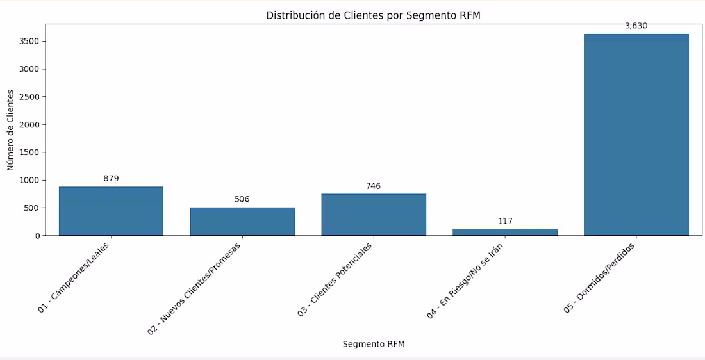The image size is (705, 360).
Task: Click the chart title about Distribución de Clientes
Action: click(373, 15)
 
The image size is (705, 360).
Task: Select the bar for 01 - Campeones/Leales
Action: click(111, 211)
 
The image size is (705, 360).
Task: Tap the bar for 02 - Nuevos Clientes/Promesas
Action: click(242, 221)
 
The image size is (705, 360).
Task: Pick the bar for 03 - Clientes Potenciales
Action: click(374, 215)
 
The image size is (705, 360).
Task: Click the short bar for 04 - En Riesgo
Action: click(505, 232)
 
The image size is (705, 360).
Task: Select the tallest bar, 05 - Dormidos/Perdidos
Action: click(636, 135)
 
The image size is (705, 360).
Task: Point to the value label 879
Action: click(111, 179)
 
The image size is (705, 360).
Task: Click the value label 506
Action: click(242, 199)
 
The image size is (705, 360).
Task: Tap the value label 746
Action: click(374, 186)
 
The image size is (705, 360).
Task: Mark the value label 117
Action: click(505, 222)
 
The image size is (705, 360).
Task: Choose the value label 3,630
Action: click(636, 26)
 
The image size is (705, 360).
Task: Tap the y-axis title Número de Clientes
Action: click(10, 130)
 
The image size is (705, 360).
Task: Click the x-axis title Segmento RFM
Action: click(373, 344)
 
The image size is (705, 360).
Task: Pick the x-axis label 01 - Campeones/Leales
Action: click(74, 276)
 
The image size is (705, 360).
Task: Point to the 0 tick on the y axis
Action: click(37, 236)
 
